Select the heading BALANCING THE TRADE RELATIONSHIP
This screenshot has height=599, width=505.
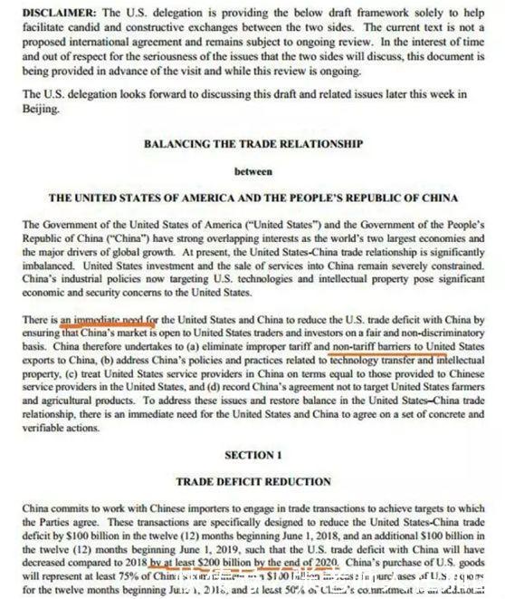coord(253,143)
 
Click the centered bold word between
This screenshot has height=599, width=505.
coord(253,169)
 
